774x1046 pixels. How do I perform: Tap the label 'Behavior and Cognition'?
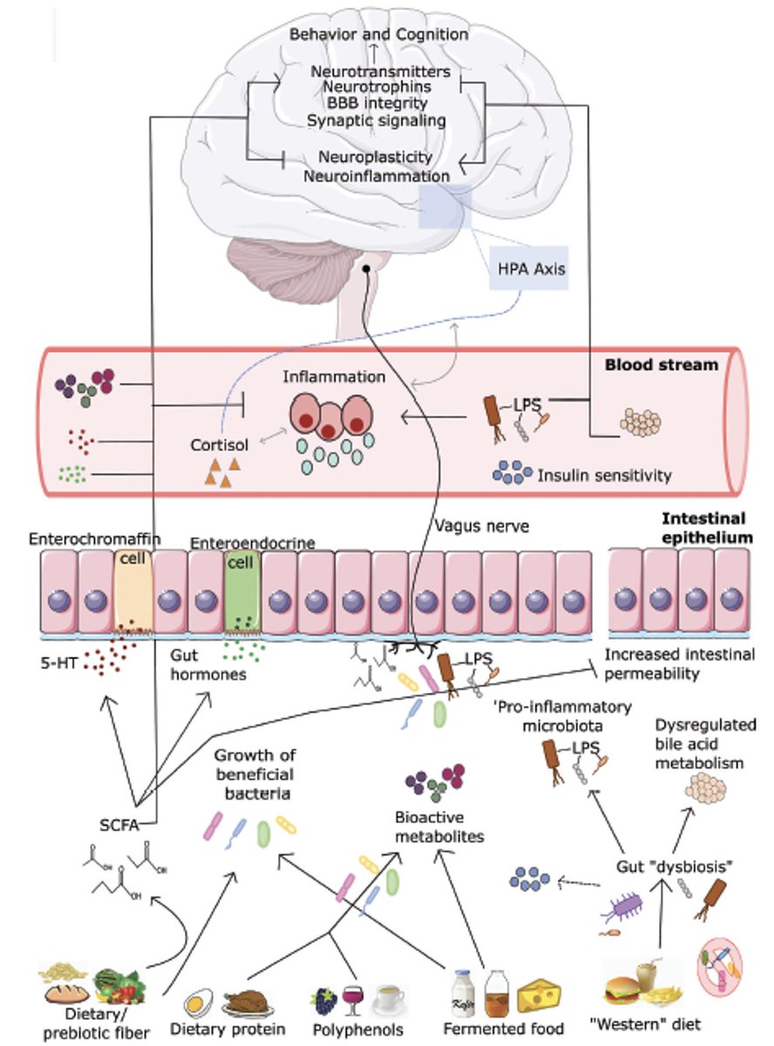click(380, 35)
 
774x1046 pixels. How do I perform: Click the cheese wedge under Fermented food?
click(540, 995)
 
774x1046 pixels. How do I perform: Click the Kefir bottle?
click(463, 994)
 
